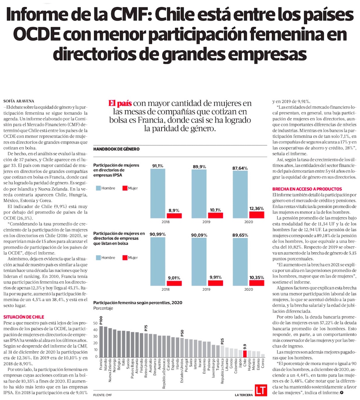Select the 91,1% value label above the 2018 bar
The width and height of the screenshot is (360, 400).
(x=158, y=166)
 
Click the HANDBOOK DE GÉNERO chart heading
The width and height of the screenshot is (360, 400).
(x=116, y=149)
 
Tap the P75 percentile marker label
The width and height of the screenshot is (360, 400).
(x=146, y=328)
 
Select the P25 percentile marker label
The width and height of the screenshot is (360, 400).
(x=222, y=340)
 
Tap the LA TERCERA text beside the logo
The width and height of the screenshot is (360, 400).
(x=244, y=395)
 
